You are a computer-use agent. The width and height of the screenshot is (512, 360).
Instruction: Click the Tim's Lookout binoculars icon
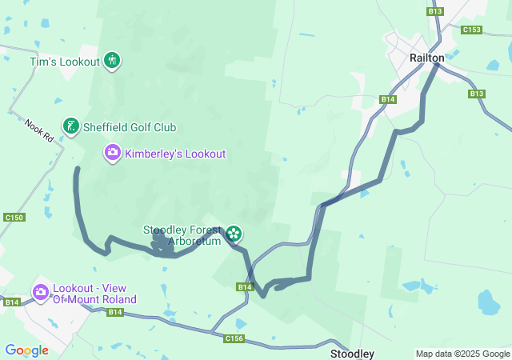(112, 60)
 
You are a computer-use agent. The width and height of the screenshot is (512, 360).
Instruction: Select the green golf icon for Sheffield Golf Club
(71, 126)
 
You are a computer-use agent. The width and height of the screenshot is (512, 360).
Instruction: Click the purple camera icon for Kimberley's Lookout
(113, 151)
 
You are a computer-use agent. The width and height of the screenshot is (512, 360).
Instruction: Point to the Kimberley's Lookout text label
(175, 154)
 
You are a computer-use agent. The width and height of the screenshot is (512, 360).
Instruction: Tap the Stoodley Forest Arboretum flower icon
(234, 234)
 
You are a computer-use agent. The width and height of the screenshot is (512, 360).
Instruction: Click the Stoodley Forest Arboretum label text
(182, 235)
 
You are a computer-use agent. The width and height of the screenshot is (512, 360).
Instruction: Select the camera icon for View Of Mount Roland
(40, 293)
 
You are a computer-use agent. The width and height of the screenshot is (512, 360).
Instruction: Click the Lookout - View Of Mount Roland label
(94, 294)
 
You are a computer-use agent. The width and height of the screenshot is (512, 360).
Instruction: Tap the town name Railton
(426, 58)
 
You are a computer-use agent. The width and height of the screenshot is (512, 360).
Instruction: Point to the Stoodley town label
(353, 353)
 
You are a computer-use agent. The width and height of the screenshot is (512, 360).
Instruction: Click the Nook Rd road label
(38, 131)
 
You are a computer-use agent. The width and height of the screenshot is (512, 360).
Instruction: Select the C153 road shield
(472, 30)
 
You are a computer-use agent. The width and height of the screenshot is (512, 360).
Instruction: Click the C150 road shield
(14, 218)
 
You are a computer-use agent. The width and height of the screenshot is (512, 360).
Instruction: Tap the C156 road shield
(234, 338)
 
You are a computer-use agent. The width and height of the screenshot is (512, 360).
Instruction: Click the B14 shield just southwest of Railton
(388, 99)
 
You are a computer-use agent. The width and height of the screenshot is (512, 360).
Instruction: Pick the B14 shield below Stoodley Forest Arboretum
(245, 286)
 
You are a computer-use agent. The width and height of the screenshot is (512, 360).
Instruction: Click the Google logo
(26, 350)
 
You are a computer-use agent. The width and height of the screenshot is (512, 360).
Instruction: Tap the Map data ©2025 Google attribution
(462, 354)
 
